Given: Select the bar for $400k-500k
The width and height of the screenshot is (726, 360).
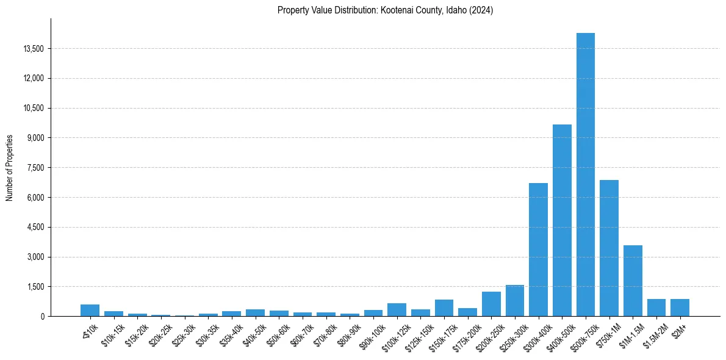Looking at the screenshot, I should (x=562, y=220).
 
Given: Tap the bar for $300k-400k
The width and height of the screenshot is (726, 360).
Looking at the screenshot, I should (x=538, y=250).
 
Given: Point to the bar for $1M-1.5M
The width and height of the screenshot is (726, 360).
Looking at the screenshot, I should (x=633, y=281).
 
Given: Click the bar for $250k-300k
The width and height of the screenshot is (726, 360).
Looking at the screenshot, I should (x=514, y=301).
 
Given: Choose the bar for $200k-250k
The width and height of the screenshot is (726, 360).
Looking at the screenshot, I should (x=491, y=304).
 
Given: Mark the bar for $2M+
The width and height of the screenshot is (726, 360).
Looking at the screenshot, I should (x=680, y=308).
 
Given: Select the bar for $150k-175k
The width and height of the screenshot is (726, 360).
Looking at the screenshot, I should (x=444, y=308).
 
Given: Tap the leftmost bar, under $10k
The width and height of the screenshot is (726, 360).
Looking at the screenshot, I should (x=90, y=311).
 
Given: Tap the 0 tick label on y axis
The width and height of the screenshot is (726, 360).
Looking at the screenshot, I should (x=43, y=317).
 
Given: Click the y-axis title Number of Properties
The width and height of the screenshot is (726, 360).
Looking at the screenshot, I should (x=10, y=168).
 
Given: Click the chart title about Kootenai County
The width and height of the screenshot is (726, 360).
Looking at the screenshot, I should (x=385, y=10).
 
